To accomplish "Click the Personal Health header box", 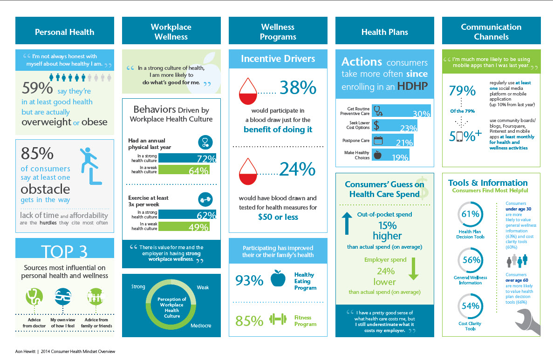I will coord(65,32).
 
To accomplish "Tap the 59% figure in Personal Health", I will coord(36,90).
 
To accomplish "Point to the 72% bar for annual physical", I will coord(183,158).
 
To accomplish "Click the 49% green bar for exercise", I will coord(183,227).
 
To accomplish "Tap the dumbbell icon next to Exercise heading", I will coord(205,199).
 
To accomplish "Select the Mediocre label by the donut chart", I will coord(200,325).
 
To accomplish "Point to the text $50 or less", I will coord(278,217).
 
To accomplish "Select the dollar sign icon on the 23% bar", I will coord(377,126).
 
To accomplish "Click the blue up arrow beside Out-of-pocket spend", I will coord(346,223).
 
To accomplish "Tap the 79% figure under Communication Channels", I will coord(462,91).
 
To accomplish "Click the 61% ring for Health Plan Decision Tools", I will coord(470,215).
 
